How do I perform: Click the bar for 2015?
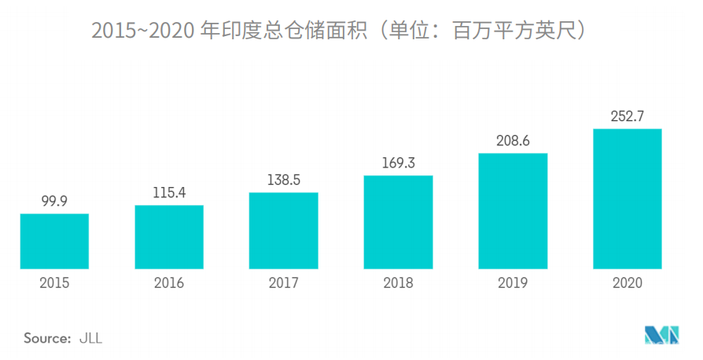pos(54,241)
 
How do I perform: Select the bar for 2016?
pos(169,237)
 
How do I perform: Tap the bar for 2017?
pos(284,230)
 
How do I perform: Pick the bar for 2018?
pos(399,222)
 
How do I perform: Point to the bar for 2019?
pos(513,211)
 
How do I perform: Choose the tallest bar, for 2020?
pos(628,198)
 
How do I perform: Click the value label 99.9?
pos(54,201)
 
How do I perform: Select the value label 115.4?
pos(169,193)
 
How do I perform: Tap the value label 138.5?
pos(284,180)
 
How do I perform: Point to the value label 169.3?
pos(399,163)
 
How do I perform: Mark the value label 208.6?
pos(513,141)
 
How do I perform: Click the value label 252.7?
pos(628,116)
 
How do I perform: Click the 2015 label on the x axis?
pos(54,283)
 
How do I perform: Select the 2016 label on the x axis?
pos(169,283)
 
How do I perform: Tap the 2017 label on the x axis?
pos(284,283)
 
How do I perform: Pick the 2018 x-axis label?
pos(399,283)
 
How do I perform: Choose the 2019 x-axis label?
pos(513,283)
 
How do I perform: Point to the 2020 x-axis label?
pos(628,283)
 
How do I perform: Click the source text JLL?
pos(90,339)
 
